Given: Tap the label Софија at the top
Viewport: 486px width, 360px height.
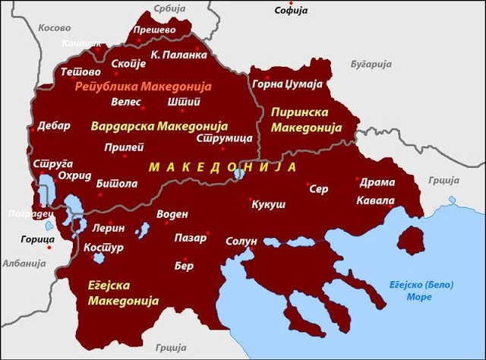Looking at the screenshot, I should (292, 11).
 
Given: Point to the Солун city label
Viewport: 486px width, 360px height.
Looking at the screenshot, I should (242, 241).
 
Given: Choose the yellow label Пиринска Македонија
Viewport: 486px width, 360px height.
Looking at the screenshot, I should (302, 119).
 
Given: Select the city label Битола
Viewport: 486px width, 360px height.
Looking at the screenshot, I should (117, 183).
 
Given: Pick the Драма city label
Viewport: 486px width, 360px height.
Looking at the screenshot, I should (376, 182).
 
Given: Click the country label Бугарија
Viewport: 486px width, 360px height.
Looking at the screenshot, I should (369, 66).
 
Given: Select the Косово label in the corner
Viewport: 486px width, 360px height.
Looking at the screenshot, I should (54, 27).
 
